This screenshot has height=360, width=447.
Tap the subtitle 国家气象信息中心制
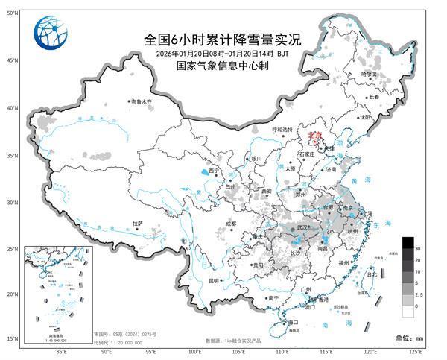click(221, 66)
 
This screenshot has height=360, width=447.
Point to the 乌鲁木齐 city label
click(140, 101)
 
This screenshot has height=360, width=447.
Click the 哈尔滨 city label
click(370, 75)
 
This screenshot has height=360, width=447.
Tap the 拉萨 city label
click(137, 223)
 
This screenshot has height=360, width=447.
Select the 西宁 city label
click(215, 171)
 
